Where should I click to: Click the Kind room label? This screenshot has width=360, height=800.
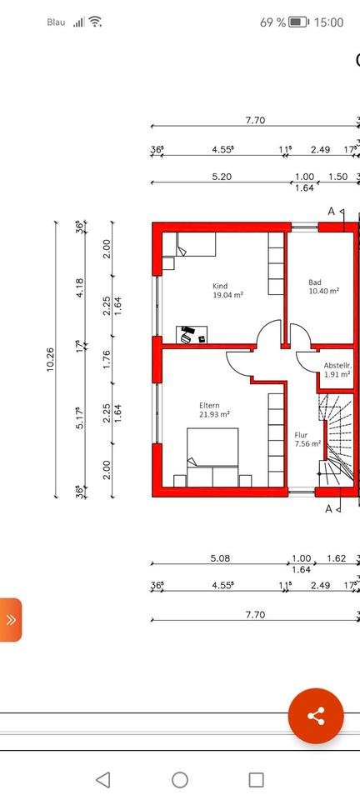click(220, 286)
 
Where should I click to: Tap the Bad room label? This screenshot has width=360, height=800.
click(315, 282)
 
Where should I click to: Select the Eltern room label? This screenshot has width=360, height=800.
click(209, 406)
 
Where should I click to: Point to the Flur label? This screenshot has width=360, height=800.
click(302, 435)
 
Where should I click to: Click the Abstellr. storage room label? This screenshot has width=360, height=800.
click(337, 365)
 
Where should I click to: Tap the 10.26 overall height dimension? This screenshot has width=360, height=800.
click(50, 359)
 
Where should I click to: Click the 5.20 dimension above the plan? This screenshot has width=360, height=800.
click(222, 177)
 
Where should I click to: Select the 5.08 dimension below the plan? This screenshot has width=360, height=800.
click(220, 558)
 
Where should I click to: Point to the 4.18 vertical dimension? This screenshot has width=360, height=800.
click(79, 287)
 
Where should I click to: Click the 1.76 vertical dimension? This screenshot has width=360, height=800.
click(107, 359)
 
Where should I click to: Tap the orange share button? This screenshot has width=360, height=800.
click(316, 716)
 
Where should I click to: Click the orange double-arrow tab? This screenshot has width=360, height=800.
click(11, 620)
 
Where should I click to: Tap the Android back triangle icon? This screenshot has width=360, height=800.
click(103, 780)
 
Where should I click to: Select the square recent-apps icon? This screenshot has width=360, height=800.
click(256, 780)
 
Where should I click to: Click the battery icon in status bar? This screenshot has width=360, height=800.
click(299, 22)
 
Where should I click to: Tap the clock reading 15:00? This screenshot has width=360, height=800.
click(328, 22)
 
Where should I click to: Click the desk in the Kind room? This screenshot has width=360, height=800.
click(192, 335)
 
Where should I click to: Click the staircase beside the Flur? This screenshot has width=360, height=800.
click(336, 437)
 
